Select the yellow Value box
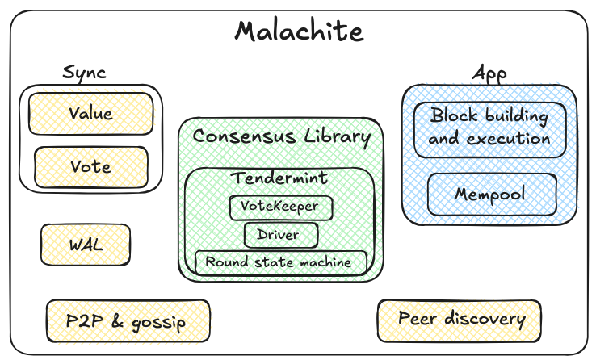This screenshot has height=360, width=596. [x=90, y=113]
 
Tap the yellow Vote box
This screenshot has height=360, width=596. [x=90, y=167]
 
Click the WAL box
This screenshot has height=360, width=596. [x=85, y=243]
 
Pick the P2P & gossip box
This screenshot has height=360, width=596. [x=128, y=322]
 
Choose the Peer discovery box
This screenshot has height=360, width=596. [x=459, y=320]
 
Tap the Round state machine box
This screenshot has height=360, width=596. [x=279, y=262]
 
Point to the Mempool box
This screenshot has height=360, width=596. [x=491, y=195]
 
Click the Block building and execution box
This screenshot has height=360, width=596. [x=489, y=128]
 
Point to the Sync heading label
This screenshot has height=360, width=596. [x=84, y=73]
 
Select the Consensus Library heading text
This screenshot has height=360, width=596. [x=281, y=136]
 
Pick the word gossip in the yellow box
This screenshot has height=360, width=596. [x=158, y=323]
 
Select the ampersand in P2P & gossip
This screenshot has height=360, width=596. [x=116, y=322]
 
